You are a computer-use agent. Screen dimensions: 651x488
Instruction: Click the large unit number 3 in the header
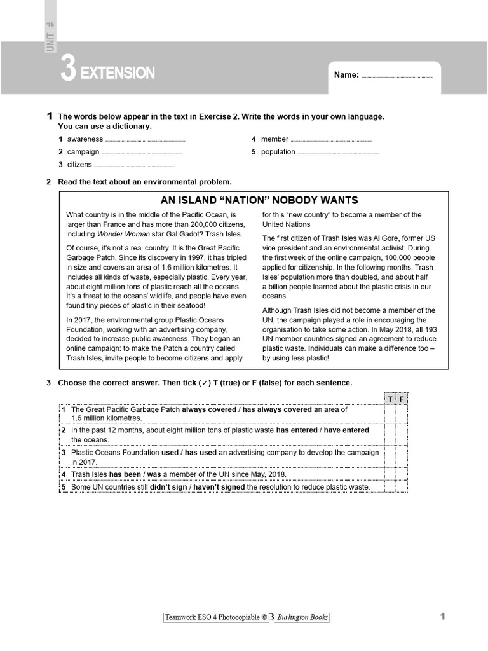coord(67,70)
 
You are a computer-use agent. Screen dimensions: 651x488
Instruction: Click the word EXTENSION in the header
coord(118,73)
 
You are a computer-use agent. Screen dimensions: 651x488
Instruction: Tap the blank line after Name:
coord(396,76)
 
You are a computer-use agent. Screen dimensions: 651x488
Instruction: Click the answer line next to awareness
coord(146,140)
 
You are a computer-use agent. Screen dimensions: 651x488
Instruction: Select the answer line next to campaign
coord(142,153)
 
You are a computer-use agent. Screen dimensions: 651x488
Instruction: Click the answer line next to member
coord(331,140)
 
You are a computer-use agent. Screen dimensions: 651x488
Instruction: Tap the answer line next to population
coord(337,153)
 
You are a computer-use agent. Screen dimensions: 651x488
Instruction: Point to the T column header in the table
coord(390,399)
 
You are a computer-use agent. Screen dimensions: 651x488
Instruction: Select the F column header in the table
coord(401,399)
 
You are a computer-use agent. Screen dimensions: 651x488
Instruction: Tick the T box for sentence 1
coord(390,414)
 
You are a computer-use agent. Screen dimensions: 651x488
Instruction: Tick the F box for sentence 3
coord(401,457)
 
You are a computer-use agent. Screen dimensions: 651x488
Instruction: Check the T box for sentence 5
coord(390,487)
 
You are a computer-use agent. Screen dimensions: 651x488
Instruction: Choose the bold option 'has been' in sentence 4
coord(125,474)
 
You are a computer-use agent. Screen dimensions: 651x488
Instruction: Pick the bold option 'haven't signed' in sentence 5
coord(215,487)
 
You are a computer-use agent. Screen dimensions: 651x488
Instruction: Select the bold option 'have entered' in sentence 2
coord(346,430)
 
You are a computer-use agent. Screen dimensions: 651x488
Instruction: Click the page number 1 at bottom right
coord(442,616)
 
